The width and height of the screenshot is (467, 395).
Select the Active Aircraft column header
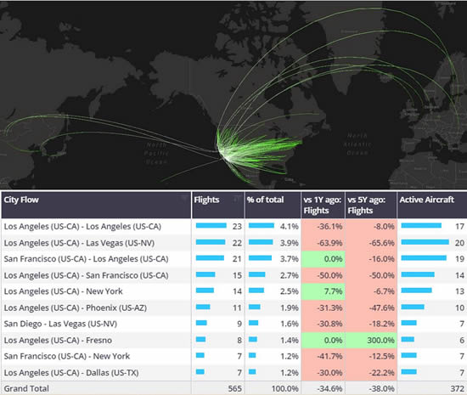coord(427,200)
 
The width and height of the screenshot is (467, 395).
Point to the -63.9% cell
coord(327,242)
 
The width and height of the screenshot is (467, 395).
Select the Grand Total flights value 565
coord(232,387)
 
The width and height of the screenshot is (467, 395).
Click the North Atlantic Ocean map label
coord(357,145)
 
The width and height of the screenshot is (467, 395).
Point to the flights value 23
coord(236,226)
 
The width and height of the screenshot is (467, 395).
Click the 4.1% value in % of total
coord(288,226)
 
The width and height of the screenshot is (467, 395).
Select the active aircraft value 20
coord(456,242)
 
